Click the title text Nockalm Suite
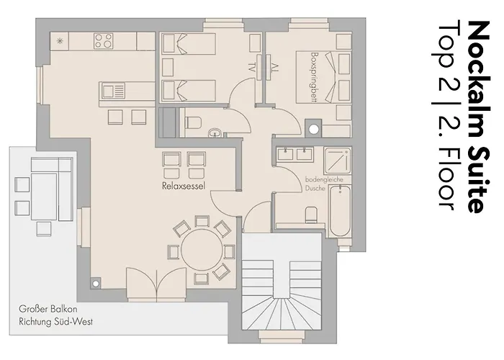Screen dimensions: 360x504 coord(476,116)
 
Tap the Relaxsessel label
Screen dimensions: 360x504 coord(185,186)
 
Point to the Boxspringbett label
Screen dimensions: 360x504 coord(315,78)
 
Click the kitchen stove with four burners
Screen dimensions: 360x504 coord(104,42)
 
